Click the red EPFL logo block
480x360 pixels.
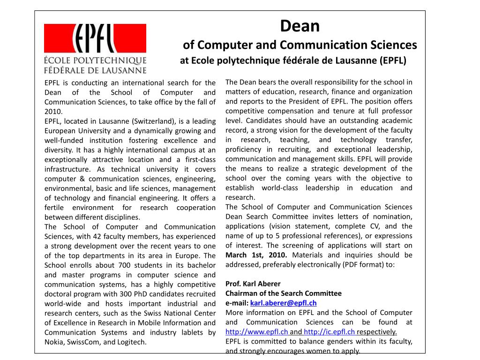(x=95, y=38)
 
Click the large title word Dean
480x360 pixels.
(x=300, y=26)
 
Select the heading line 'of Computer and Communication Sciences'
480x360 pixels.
(x=300, y=45)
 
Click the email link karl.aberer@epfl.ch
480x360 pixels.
(x=284, y=303)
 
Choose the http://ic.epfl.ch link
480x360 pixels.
(x=329, y=332)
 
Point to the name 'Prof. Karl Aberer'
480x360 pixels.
(x=253, y=284)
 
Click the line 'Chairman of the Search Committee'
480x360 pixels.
(x=284, y=293)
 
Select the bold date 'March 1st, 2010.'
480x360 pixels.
(x=257, y=255)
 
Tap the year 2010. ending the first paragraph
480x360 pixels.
(x=53, y=112)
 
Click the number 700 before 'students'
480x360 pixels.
(x=107, y=265)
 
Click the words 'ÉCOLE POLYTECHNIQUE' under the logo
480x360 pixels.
(x=95, y=60)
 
